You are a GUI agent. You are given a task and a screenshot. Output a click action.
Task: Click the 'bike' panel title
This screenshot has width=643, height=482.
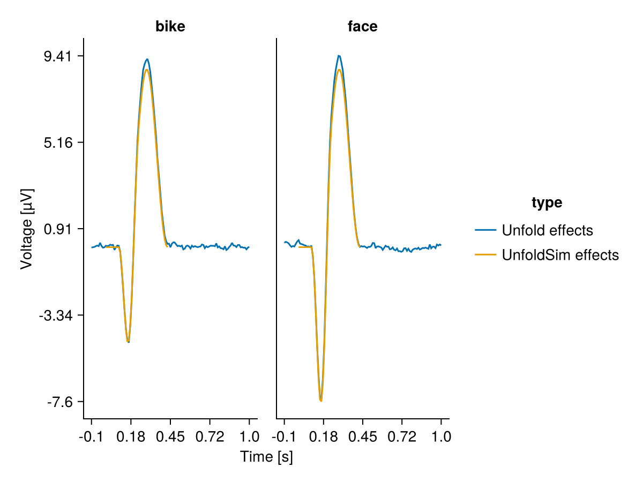(170, 26)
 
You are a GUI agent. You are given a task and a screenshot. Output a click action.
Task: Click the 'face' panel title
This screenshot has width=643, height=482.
(363, 26)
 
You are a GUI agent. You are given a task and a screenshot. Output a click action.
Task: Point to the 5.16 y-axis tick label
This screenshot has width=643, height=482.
(60, 142)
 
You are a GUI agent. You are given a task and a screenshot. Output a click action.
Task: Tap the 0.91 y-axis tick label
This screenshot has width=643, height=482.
(60, 229)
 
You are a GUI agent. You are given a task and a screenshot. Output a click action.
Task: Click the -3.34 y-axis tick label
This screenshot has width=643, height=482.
(58, 315)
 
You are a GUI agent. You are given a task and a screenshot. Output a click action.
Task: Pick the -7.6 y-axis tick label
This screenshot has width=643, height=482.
(62, 402)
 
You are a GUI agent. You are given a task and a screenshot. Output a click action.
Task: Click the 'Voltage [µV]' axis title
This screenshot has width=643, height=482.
(26, 229)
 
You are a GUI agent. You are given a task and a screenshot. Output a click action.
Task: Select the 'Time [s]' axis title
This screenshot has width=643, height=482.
(266, 457)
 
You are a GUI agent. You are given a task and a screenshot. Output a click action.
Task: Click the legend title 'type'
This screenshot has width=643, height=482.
(547, 202)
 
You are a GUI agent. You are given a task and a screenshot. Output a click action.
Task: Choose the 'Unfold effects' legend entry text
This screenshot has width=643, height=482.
(547, 230)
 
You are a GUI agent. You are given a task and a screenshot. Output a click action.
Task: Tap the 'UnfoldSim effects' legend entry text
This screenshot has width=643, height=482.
(560, 255)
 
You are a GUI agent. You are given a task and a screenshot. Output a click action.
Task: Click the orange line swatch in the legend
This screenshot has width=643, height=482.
(485, 255)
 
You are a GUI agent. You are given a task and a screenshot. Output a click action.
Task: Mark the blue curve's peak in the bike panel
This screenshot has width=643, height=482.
(147, 59)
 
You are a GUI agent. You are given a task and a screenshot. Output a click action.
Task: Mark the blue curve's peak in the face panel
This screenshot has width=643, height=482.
(339, 55)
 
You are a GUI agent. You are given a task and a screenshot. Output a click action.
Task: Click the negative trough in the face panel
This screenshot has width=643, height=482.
(321, 401)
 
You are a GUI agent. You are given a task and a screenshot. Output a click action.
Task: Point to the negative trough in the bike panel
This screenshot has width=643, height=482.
(128, 342)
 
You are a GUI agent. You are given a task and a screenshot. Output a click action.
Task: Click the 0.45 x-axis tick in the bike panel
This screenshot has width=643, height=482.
(170, 437)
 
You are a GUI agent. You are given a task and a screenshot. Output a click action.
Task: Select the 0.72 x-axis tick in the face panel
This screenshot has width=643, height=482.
(402, 437)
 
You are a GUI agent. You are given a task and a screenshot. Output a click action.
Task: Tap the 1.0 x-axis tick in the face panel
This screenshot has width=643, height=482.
(441, 437)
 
